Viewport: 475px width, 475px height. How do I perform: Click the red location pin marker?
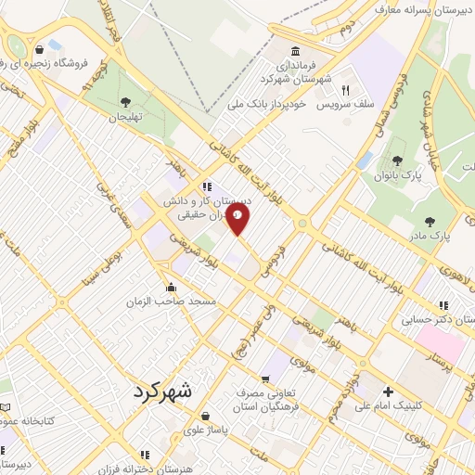tap(237, 220)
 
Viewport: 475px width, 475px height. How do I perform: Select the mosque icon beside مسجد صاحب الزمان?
tap(171, 287)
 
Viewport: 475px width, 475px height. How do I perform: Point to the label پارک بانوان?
tap(401, 174)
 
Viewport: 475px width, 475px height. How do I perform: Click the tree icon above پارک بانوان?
tap(397, 160)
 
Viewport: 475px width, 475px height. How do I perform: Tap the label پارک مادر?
tap(432, 235)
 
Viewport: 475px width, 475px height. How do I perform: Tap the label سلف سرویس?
tap(344, 106)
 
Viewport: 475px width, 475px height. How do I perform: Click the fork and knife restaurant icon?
tap(346, 91)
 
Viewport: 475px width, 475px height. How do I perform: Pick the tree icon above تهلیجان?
tap(126, 102)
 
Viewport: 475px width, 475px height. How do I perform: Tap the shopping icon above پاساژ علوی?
tap(205, 417)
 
